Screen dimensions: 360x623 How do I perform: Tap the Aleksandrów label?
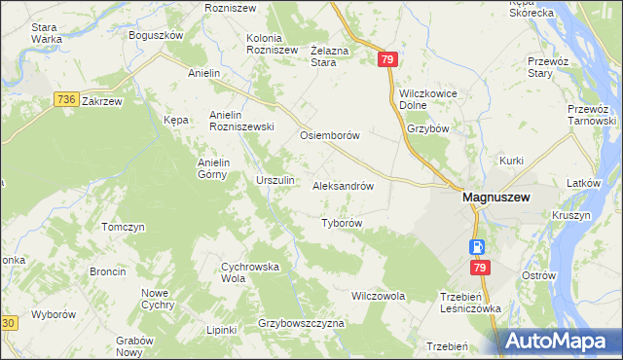[344, 184]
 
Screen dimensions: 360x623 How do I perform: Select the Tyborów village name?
[342, 223]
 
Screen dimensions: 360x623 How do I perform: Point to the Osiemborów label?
[330, 135]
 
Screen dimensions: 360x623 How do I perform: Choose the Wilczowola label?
[378, 295]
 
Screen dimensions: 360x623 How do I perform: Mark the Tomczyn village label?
[123, 227]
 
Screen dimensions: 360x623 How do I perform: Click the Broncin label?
[107, 271]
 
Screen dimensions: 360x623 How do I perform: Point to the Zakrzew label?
[101, 100]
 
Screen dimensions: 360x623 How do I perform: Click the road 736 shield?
[66, 99]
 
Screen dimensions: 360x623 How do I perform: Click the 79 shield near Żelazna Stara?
[388, 60]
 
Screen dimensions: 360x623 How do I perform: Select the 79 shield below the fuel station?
[479, 268]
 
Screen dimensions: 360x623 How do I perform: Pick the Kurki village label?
[512, 161]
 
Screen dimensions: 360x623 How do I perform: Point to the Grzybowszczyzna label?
[302, 322]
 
